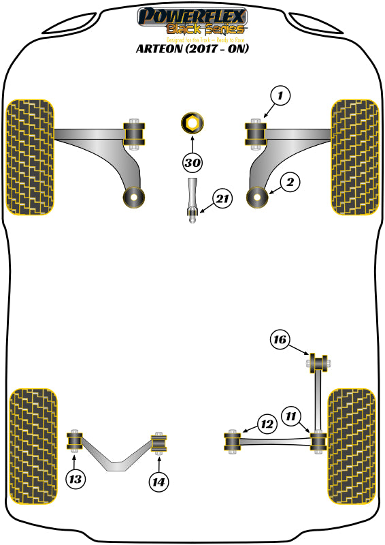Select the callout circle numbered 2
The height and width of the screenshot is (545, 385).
[x=289, y=182]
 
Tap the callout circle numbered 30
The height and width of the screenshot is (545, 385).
[x=192, y=163]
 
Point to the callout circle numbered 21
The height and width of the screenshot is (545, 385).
[x=221, y=200]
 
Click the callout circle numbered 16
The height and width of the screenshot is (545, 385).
[x=279, y=339]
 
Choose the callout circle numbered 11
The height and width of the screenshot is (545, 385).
[x=292, y=415]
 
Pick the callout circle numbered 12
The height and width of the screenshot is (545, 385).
[x=267, y=424]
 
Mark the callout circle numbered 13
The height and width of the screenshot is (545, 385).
[x=76, y=480]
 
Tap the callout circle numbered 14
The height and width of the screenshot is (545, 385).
[x=159, y=481]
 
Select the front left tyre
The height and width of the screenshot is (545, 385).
[x=30, y=157]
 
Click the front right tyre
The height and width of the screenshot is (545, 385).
[x=354, y=157]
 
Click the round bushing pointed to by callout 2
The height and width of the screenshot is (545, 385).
[x=258, y=197]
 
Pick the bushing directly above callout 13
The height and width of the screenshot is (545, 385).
[x=75, y=441]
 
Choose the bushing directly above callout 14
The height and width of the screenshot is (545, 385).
[x=158, y=443]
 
